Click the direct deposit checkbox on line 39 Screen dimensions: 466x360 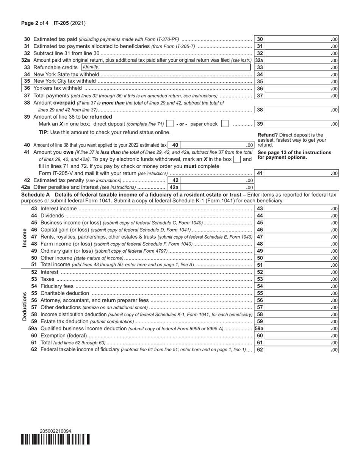pyautogui.click(x=170, y=124)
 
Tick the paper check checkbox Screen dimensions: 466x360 pyautogui.click(x=225, y=124)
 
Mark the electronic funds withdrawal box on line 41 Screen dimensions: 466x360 pyautogui.click(x=237, y=160)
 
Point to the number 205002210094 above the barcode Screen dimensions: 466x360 pyautogui.click(x=55, y=431)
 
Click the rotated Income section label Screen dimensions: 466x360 pyautogui.click(x=25, y=238)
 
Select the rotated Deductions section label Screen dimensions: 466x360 pyautogui.click(x=25, y=306)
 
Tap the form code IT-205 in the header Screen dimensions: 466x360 pyautogui.click(x=61, y=23)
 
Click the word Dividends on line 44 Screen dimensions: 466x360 pyautogui.click(x=52, y=216)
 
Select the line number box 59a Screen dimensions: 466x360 pyautogui.click(x=259, y=329)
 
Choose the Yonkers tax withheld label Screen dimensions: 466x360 pyautogui.click(x=58, y=88)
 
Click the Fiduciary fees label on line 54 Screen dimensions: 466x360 pyautogui.click(x=57, y=286)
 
